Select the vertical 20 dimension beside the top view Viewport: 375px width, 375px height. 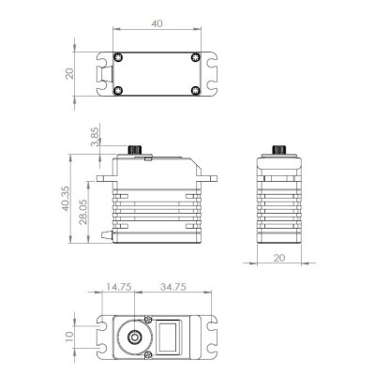68,74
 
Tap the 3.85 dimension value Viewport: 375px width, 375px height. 95,137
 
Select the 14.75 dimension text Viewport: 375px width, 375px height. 116,287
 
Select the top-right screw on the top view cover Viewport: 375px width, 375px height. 194,58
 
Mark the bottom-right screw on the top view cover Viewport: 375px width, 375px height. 194,91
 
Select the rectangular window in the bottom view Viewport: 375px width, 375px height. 171,336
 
